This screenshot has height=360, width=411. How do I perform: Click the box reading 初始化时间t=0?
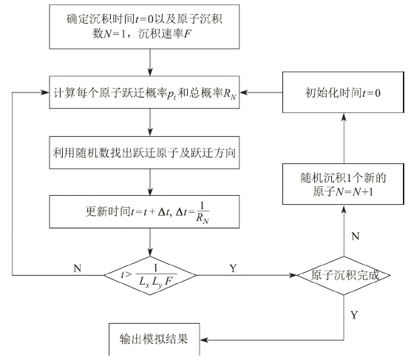pos(343,92)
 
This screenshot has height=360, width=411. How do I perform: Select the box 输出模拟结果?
pos(154,339)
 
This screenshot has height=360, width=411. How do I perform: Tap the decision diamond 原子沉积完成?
pos(344,275)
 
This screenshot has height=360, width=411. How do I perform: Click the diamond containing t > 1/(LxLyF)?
pos(150,275)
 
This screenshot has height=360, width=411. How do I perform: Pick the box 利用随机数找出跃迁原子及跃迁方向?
pos(144,152)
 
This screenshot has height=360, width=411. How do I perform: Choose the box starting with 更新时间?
pos(144,212)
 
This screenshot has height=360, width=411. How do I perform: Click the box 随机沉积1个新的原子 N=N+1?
pos(343,184)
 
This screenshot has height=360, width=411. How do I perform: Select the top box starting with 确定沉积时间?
pos(144,27)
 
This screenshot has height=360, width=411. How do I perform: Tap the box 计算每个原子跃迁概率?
pos(144,92)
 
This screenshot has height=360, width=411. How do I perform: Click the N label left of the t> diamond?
pos(78,268)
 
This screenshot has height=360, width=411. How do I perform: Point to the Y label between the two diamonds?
pos(233,268)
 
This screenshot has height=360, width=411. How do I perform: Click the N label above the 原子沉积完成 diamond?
pos(355,237)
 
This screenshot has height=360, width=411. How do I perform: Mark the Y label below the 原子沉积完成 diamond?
pos(354,315)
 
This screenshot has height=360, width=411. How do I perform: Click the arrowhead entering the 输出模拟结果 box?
pos(204,340)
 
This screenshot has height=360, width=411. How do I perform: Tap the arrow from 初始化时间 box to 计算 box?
pos(261,92)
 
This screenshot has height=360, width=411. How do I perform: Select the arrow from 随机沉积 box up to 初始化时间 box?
pos(344,138)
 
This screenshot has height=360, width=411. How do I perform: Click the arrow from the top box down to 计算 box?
pos(150,62)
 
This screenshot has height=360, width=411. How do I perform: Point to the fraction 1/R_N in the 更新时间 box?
pos(203,213)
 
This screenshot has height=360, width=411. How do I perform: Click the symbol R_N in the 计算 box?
pos(230,94)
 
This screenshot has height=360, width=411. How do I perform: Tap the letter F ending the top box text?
pos(188,34)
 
